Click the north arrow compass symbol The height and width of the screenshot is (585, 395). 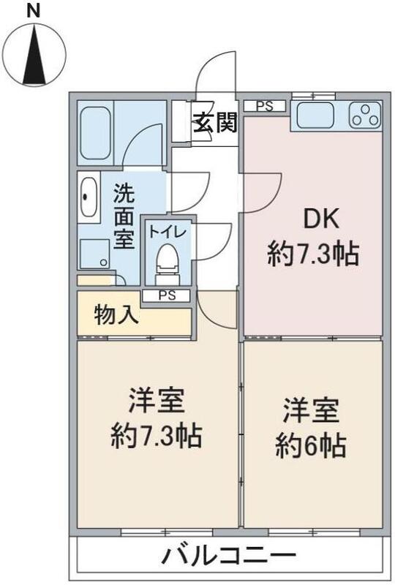34,54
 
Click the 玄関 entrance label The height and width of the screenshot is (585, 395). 215,123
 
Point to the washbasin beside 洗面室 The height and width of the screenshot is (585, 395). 89,197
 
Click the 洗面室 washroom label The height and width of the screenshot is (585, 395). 124,217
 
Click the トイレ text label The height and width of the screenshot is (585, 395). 168,232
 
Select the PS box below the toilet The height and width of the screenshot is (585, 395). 167,295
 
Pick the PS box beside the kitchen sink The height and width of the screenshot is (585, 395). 264,106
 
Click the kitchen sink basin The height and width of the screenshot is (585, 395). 314,115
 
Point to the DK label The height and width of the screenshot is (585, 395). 314,219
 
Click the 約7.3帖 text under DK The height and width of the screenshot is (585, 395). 312,254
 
